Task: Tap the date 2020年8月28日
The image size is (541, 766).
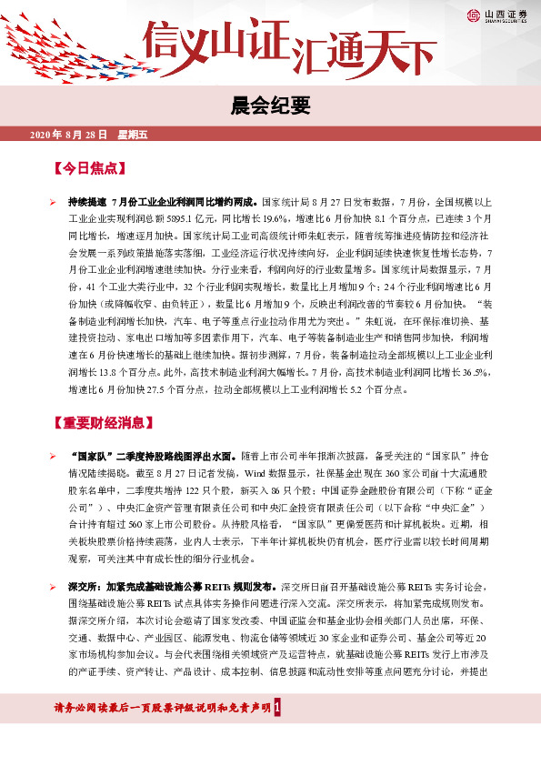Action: pyautogui.click(x=69, y=135)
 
